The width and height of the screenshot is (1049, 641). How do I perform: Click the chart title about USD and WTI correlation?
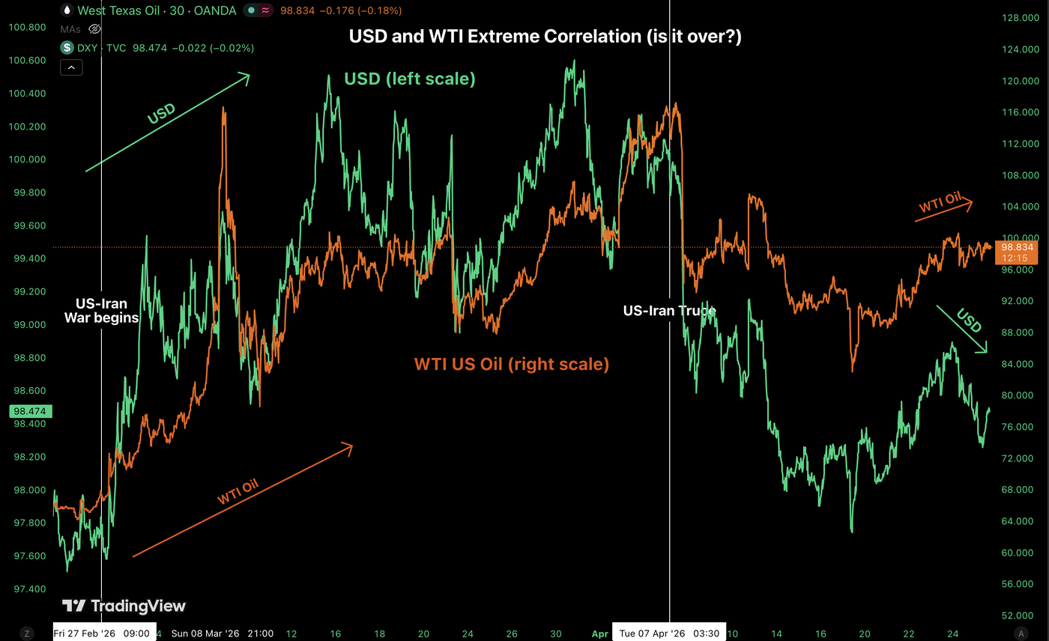545,36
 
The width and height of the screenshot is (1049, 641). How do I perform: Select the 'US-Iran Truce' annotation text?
669,311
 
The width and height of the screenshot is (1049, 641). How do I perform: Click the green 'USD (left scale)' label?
409,79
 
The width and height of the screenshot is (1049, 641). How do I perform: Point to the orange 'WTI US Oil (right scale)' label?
512,365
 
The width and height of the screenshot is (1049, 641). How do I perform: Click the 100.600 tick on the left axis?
26,61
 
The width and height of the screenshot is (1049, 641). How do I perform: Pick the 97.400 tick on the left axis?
26,589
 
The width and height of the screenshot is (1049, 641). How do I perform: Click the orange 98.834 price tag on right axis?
1017,252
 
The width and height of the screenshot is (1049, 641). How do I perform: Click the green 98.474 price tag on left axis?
27,411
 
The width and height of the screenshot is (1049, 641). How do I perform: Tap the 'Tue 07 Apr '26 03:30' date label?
669,634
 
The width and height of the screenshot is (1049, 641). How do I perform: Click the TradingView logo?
124,606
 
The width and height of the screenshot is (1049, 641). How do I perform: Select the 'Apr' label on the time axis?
599,634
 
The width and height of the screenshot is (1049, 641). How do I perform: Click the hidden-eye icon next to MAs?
95,29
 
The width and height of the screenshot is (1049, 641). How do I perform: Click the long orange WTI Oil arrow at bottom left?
242,500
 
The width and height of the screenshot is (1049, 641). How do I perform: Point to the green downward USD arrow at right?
961,329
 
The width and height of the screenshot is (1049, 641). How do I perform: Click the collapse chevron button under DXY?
70,67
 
